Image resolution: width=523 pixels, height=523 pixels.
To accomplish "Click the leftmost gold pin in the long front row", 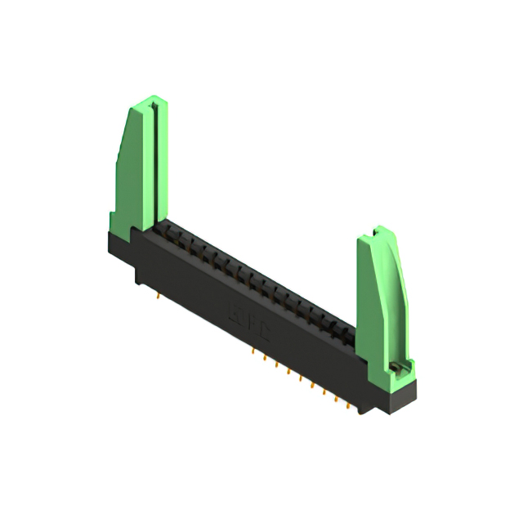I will [x=255, y=352].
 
